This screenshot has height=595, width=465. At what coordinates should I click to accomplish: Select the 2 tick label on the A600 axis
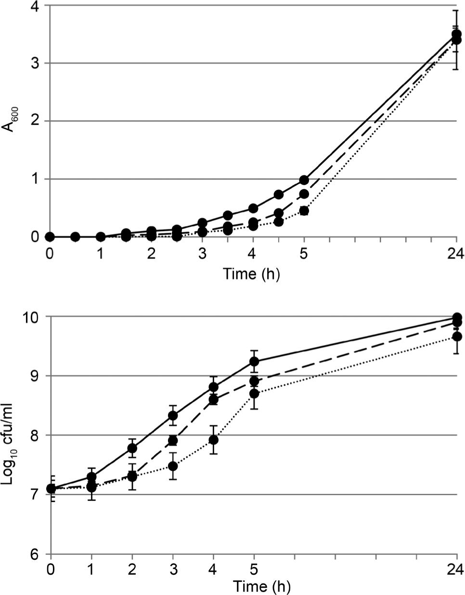coord(36,121)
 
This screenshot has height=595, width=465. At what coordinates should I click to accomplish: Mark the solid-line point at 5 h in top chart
coord(304,180)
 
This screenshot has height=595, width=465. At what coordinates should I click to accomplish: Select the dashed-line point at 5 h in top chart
coord(304,194)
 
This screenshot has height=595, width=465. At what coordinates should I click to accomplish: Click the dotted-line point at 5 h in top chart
coord(304,211)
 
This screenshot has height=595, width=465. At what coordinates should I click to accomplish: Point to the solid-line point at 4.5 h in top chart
coord(278,195)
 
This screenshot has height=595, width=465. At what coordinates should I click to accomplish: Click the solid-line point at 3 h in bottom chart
coord(173,416)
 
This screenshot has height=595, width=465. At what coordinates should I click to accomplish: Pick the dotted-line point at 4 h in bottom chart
coord(214,440)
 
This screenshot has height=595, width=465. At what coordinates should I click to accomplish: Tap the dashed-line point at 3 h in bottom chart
coord(173,441)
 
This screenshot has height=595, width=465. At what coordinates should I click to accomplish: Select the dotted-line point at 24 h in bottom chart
coord(456,336)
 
